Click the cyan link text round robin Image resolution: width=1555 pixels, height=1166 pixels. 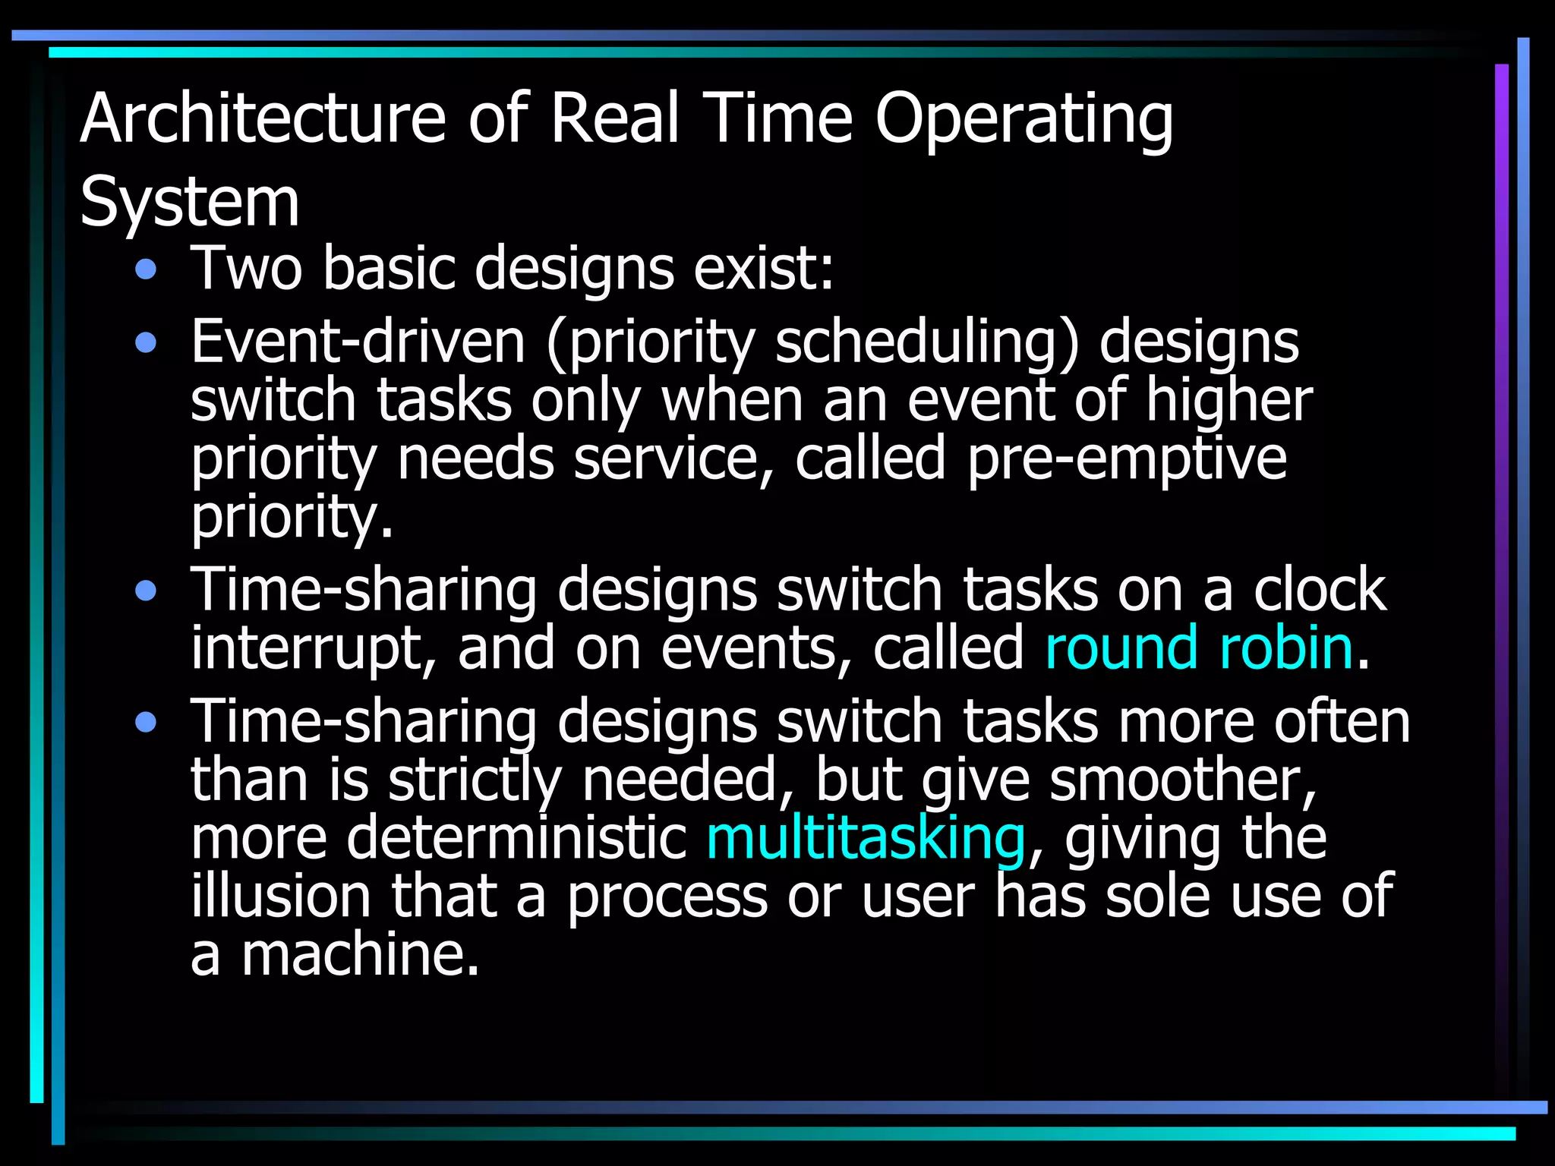pyautogui.click(x=1199, y=648)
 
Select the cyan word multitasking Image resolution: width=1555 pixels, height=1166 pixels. pyautogui.click(x=866, y=838)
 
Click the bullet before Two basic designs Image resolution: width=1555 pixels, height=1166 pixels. pyautogui.click(x=146, y=269)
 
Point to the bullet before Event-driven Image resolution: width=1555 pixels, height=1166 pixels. pyautogui.click(x=146, y=343)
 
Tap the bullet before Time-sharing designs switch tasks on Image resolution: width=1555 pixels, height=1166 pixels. pyautogui.click(x=146, y=590)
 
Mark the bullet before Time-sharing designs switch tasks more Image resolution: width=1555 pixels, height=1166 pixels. pyautogui.click(x=146, y=722)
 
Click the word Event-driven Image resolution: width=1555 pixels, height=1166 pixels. pyautogui.click(x=358, y=342)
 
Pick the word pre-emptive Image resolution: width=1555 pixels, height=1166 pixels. pyautogui.click(x=1127, y=459)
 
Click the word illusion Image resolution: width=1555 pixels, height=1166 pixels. pyautogui.click(x=281, y=896)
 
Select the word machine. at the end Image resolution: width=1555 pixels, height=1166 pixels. pyautogui.click(x=361, y=954)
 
